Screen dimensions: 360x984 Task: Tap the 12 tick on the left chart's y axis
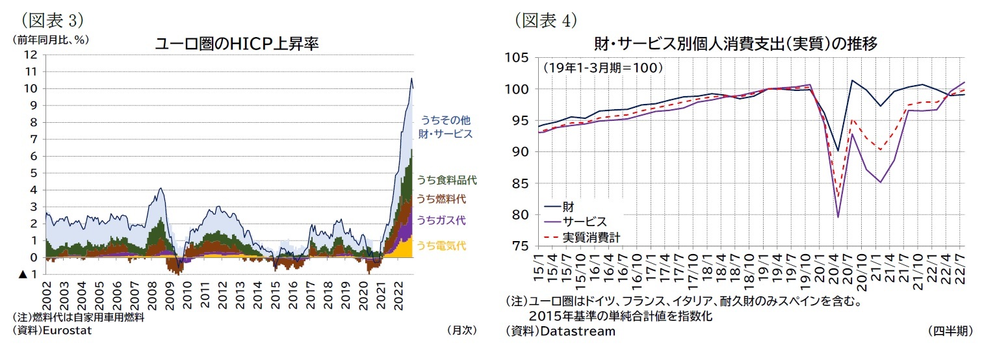31,55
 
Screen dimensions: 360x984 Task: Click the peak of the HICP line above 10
411,79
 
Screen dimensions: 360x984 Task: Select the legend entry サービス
584,222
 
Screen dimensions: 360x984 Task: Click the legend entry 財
567,207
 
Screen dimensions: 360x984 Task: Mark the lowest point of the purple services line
838,217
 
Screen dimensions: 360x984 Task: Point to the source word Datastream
577,331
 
